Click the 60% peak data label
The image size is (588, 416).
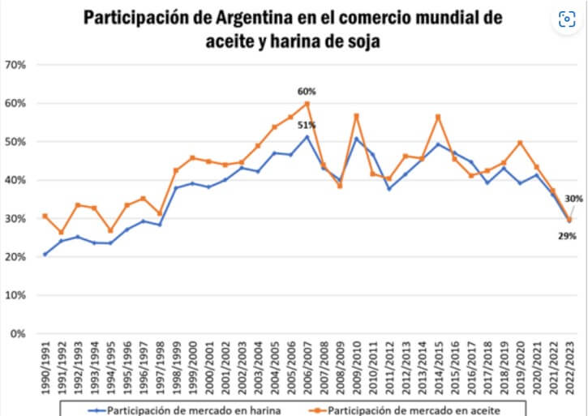click(x=307, y=92)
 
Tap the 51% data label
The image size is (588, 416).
click(x=307, y=125)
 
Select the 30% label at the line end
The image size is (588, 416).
click(x=574, y=199)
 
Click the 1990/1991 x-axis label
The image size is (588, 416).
click(x=45, y=366)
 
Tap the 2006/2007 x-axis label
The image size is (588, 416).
click(x=307, y=366)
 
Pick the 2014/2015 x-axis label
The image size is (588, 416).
click(x=438, y=366)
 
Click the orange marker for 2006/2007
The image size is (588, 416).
click(x=307, y=104)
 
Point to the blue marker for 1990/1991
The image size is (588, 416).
click(x=45, y=254)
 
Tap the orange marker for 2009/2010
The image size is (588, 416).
click(x=356, y=116)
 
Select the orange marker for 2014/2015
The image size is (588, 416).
click(x=438, y=117)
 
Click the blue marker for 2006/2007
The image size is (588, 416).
click(x=307, y=137)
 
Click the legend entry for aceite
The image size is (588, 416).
click(x=414, y=410)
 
